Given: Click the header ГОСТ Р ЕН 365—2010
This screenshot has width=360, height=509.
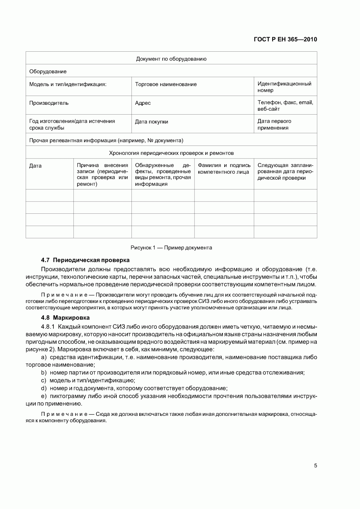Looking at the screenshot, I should pos(285,39).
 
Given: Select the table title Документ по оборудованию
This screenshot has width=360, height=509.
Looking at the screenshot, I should pos(171,59).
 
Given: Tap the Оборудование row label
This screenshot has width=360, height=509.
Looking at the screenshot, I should pos(48,71).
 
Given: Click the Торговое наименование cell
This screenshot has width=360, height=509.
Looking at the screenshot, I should pos(166,84).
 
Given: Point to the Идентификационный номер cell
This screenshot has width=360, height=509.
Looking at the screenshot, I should pos(284,87).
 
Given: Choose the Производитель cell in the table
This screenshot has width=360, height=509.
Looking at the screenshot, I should pos(49,103).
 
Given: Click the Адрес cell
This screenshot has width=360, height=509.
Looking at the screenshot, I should pos(143,103).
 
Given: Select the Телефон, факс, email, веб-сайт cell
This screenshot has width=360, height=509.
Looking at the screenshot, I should pos(285,105).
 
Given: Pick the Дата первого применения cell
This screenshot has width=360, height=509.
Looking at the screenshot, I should pos(274,124).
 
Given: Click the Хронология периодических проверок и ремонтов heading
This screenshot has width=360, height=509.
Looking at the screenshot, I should pos(171,153).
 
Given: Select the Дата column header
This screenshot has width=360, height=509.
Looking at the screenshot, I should pos(35,166).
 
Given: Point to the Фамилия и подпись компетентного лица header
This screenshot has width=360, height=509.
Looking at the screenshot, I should pos(224,168).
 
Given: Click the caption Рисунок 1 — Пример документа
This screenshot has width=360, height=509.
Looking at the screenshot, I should pos(171,247).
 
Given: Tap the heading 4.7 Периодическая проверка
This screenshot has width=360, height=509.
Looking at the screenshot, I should pos(85,260).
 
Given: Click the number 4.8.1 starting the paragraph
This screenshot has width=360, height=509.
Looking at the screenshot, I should pos(48,326).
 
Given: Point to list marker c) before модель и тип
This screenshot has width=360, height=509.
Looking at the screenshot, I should pos(44,380).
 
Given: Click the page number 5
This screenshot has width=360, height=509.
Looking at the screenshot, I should pos(315,466).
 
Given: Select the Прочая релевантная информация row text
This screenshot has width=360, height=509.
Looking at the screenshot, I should pos(106,141).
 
